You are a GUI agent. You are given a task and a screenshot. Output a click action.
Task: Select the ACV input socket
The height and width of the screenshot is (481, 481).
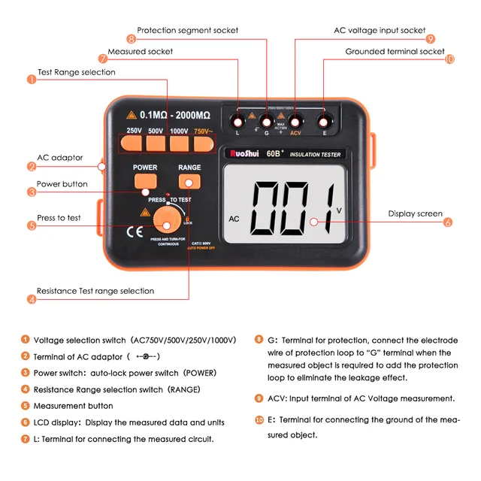(295, 120)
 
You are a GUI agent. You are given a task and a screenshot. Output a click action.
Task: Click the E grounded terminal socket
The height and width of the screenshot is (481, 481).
(325, 120)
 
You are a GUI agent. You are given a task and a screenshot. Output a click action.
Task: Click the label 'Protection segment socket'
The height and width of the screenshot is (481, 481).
(187, 31)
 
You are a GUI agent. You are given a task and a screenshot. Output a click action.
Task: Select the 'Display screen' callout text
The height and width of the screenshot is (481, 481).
(415, 214)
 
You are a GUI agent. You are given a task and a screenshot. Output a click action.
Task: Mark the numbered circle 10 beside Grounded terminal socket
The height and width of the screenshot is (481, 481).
(450, 59)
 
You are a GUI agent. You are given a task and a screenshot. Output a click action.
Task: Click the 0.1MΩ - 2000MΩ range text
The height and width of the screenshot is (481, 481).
(175, 115)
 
